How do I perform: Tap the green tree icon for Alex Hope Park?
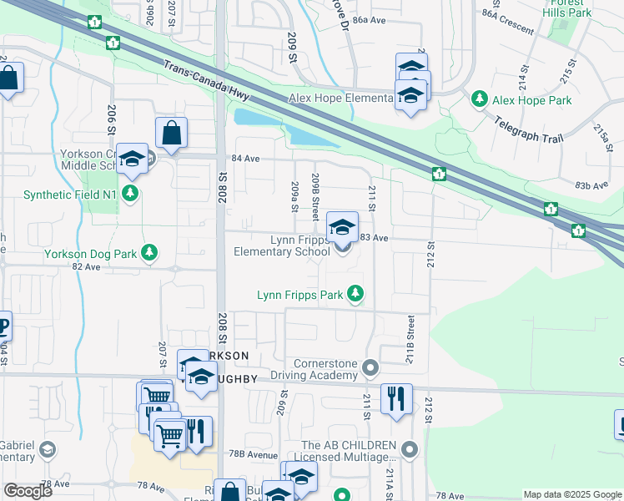(480, 99)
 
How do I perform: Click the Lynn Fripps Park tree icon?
(355, 294)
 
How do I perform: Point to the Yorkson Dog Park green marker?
(150, 251)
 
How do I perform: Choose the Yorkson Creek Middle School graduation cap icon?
(132, 159)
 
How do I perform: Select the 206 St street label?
(111, 121)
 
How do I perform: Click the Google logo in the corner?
(28, 491)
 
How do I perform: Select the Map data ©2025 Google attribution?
(572, 494)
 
